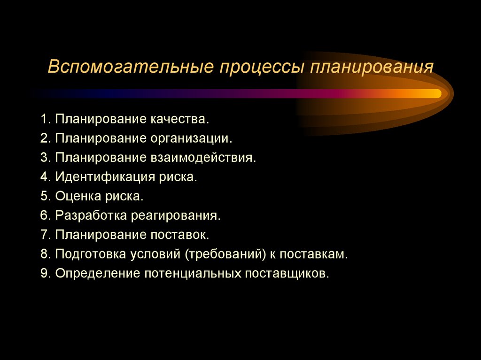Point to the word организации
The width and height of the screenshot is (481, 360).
pos(192,138)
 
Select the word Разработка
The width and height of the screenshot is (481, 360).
pos(91,215)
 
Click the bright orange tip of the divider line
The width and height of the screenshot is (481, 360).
pos(434,93)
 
